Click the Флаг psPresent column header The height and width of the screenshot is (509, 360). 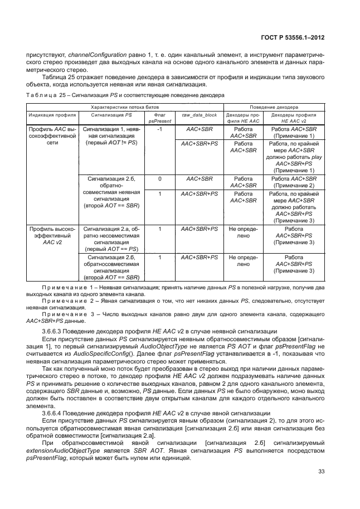[x=159, y=117]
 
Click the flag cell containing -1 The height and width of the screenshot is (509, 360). [x=159, y=129]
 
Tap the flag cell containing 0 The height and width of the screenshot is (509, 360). [x=159, y=179]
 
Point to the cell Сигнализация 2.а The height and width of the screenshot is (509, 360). [x=111, y=236]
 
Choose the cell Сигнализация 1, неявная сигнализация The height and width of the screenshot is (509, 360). [x=111, y=135]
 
